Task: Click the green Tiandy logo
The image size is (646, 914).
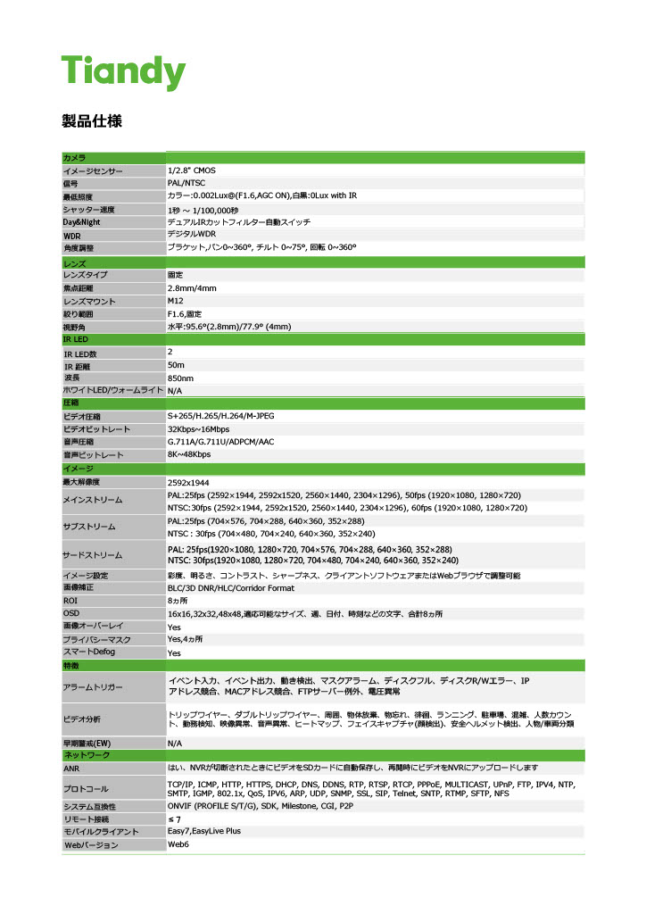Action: (122, 71)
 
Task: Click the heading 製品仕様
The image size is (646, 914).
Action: (91, 120)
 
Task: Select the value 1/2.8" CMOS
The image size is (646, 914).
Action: (191, 170)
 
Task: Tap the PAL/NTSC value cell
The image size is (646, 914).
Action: (186, 182)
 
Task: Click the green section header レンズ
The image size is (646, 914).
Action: (74, 264)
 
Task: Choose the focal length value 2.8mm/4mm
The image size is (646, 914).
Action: (192, 288)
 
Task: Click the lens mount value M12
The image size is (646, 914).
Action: (176, 302)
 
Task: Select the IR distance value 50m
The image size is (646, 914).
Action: (176, 365)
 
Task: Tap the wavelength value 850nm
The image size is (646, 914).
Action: (180, 378)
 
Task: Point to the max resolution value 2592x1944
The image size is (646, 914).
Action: (188, 482)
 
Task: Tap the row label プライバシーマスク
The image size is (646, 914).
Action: (96, 640)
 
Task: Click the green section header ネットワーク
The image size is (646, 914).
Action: (87, 755)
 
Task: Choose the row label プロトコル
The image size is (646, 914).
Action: (86, 789)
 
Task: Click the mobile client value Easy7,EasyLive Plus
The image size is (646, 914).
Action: (204, 831)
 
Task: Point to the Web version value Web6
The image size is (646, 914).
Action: (178, 844)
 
